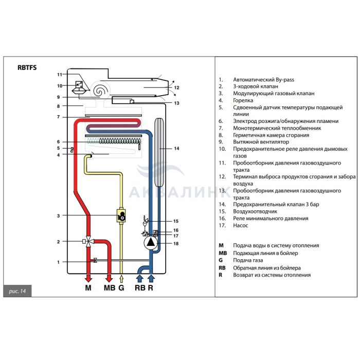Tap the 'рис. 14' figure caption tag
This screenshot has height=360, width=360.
click(17, 291)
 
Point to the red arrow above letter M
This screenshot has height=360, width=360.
click(88, 277)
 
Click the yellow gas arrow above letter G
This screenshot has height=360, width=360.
click(121, 278)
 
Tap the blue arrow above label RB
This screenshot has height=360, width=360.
click(140, 278)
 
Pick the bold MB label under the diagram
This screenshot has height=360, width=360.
click(110, 288)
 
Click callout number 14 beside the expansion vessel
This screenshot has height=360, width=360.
click(176, 149)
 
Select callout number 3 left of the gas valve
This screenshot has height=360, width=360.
click(59, 215)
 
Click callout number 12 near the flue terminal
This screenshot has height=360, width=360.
click(176, 88)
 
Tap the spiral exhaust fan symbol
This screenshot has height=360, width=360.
click(100, 89)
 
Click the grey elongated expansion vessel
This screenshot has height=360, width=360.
click(158, 152)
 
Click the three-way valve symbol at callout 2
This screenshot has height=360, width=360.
click(89, 241)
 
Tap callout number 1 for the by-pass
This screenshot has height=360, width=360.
click(59, 262)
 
